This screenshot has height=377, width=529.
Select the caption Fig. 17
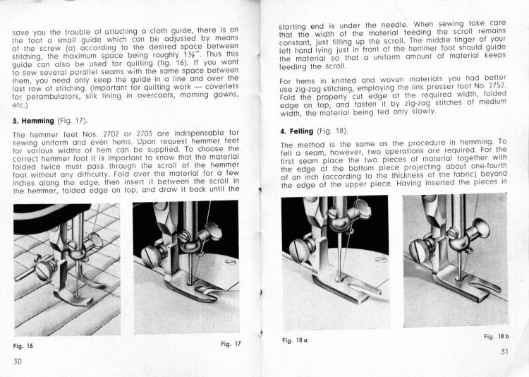(x=231, y=343)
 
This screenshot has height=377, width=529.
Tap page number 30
(x=19, y=361)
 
